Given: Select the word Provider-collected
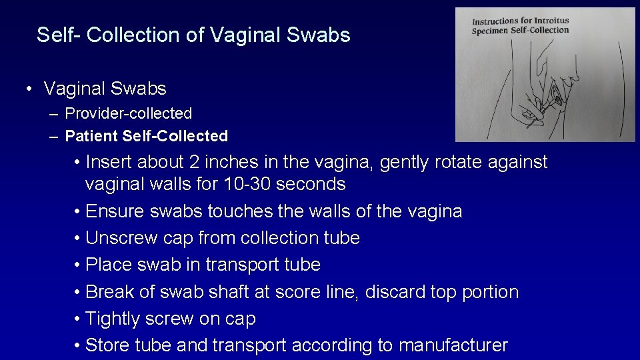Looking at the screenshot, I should pos(128,113).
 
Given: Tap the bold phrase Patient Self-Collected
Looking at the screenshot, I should pos(146,136).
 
